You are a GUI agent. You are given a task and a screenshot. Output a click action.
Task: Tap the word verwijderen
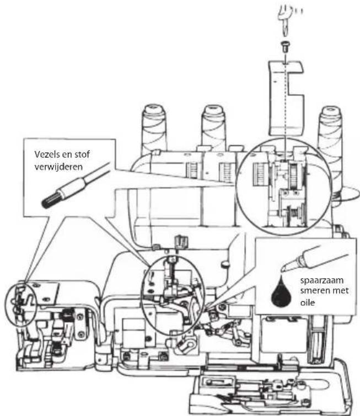coord(58,167)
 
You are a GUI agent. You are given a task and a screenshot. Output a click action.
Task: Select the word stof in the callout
coord(82,154)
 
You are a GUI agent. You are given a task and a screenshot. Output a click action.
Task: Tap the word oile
coord(308,302)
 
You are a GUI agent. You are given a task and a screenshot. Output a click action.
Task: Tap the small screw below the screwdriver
coord(285,47)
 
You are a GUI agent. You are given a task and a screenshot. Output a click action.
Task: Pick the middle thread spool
coord(214,128)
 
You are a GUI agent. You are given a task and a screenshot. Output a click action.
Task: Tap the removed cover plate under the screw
coord(286,98)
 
